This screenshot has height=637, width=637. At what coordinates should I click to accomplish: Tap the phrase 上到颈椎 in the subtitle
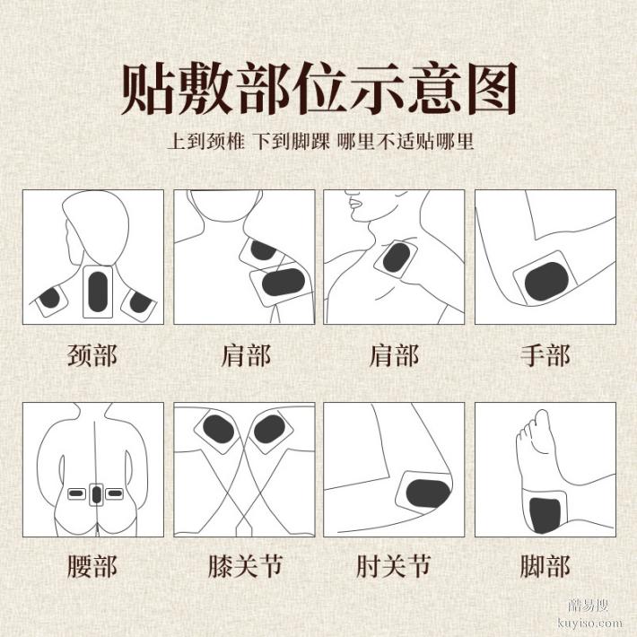[x=204, y=142]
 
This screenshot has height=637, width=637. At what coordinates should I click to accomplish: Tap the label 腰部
[x=92, y=566]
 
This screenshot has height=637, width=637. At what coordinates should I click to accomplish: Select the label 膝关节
[x=243, y=566]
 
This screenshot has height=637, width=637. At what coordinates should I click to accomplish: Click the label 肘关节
[x=394, y=566]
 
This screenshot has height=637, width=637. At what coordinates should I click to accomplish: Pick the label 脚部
[x=545, y=566]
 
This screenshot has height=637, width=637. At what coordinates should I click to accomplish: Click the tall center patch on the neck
[x=96, y=292]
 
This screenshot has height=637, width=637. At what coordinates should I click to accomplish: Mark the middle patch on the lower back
[x=96, y=493]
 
